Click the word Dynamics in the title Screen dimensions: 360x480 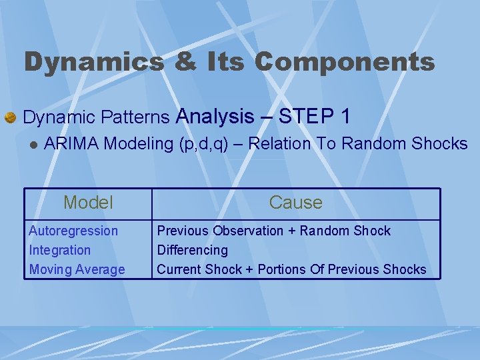93,63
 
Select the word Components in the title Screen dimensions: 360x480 344,63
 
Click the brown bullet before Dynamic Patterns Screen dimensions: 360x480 10,118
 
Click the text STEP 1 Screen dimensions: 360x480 315,117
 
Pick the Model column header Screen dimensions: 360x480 88,203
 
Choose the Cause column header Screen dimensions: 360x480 295,203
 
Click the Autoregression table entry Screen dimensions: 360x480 73,231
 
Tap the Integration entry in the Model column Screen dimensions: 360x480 60,250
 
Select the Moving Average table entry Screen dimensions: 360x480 77,269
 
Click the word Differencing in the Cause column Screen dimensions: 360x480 192,250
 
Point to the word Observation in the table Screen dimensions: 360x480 248,231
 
